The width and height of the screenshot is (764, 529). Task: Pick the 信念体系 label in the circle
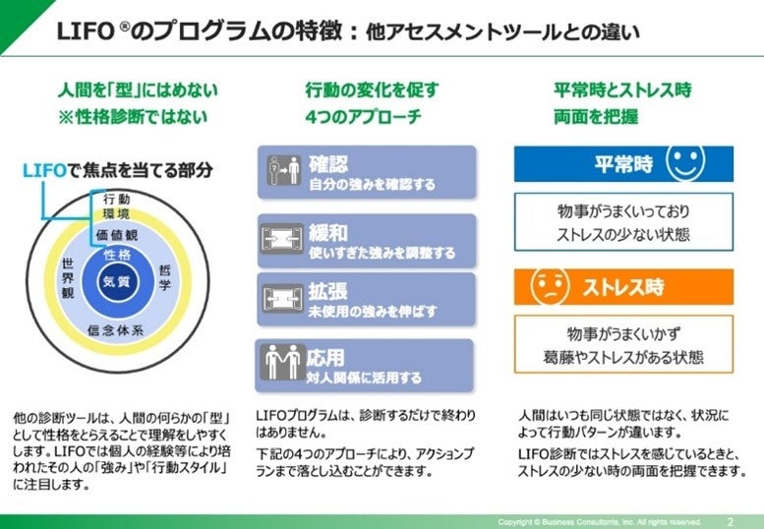(x=116, y=329)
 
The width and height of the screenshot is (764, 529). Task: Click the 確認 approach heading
(x=328, y=163)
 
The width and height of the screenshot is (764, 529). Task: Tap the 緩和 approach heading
(x=328, y=232)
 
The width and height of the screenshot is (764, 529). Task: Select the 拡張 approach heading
(x=328, y=292)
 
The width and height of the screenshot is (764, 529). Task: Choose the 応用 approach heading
(x=328, y=357)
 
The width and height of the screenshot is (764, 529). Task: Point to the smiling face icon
(x=685, y=163)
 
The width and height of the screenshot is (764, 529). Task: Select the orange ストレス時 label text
(x=622, y=287)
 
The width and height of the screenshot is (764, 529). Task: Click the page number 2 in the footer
(x=730, y=520)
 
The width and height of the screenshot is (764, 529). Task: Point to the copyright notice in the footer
(x=600, y=521)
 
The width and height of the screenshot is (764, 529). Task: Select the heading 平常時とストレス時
(x=622, y=89)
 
